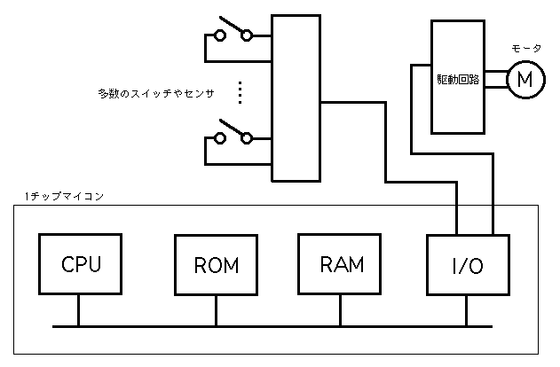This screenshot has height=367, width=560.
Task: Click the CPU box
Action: pos(81,264)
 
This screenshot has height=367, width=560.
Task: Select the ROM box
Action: pos(217,265)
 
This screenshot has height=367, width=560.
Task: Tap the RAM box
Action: pos(342,264)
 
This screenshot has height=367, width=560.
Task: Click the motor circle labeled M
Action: pos(524,79)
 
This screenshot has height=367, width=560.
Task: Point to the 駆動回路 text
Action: pos(458,79)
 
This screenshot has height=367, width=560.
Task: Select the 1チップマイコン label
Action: pos(65,196)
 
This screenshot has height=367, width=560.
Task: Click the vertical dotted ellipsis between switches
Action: pos(241,90)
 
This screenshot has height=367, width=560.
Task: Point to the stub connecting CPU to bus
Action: pos(80,310)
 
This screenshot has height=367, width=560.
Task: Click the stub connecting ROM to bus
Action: pos(217,311)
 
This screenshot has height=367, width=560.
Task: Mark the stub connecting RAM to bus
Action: pos(341,310)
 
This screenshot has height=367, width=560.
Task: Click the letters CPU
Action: pos(81,263)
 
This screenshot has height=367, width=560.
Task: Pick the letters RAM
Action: pos(342,263)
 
